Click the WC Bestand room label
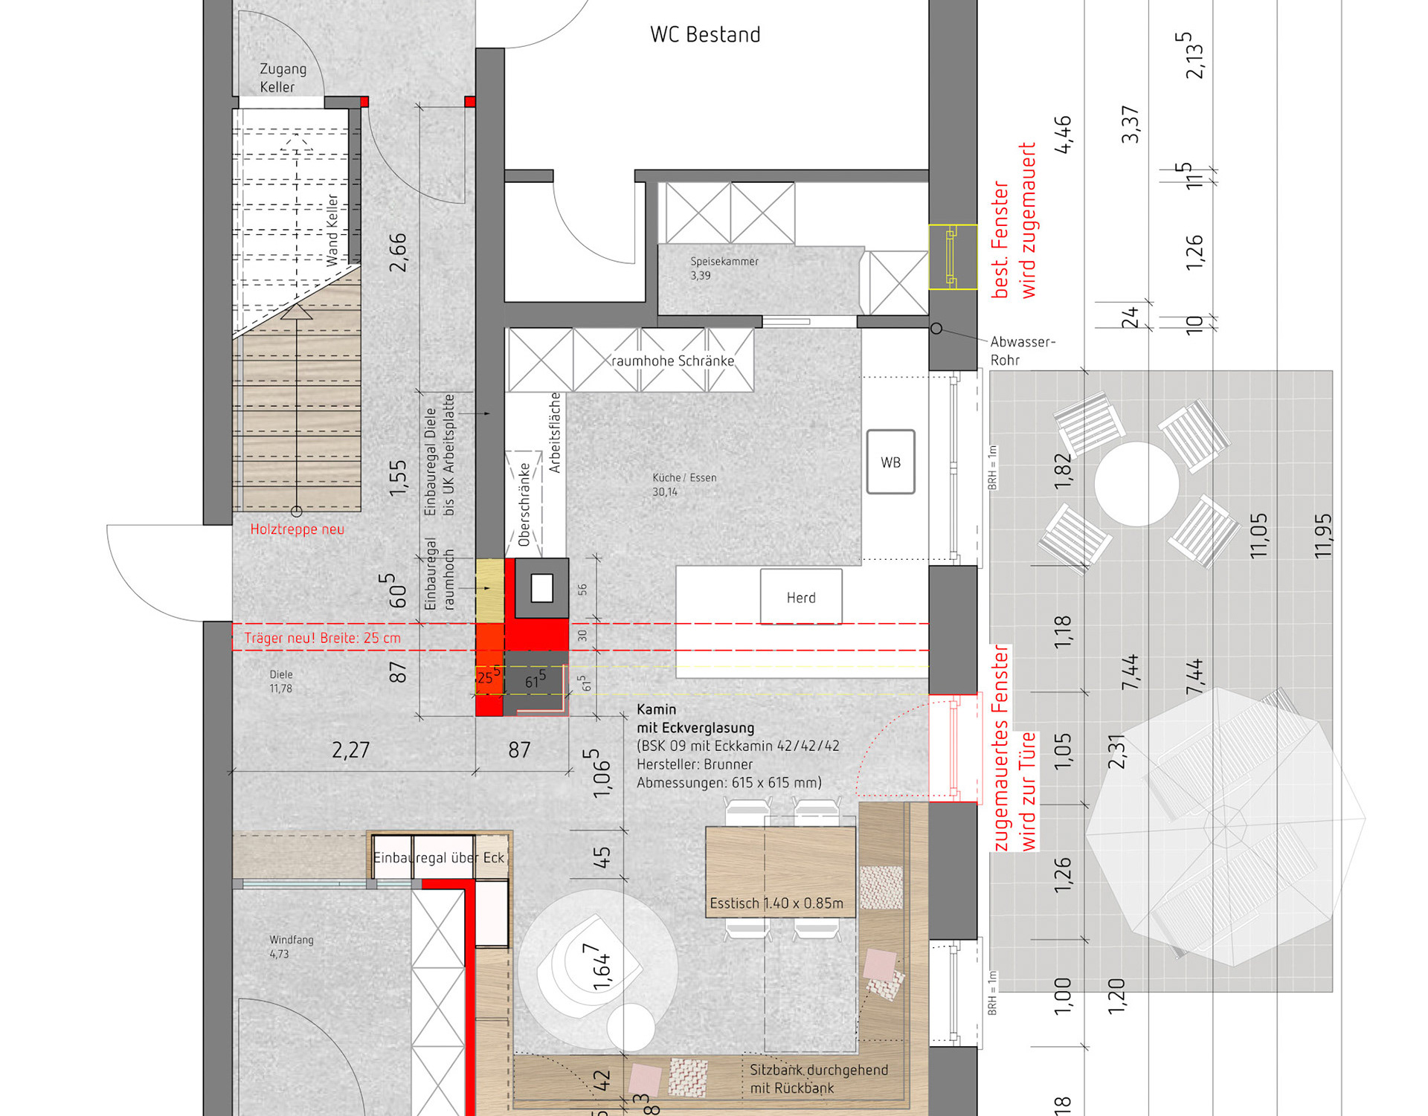click(705, 35)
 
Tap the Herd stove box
click(801, 597)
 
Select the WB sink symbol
click(890, 462)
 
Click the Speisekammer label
click(724, 262)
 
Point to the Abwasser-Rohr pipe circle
click(936, 328)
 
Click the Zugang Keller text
click(283, 78)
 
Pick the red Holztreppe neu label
click(297, 529)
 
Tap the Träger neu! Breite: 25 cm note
click(322, 638)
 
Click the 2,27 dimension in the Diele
click(350, 749)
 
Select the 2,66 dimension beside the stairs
click(398, 253)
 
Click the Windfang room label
click(291, 940)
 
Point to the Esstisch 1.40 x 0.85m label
click(776, 903)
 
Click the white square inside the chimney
click(541, 588)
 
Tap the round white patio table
click(1136, 484)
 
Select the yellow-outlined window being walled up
click(953, 257)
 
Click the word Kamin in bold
click(656, 709)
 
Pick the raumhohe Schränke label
click(672, 361)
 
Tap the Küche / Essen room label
click(684, 477)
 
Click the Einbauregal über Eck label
click(439, 857)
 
